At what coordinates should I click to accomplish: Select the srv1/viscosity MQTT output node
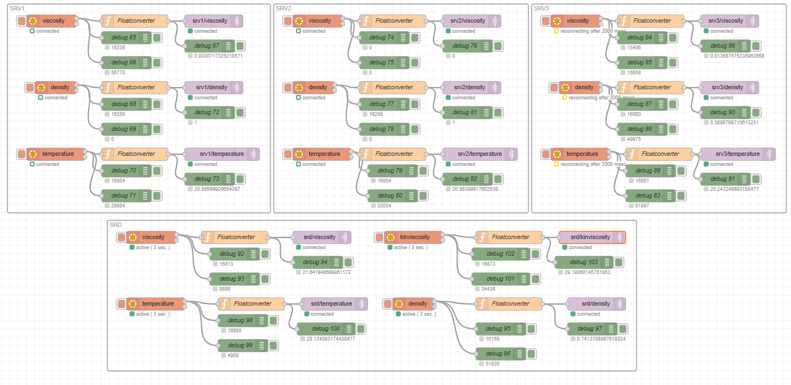pyautogui.click(x=210, y=21)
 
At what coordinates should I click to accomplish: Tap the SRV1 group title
pyautogui.click(x=17, y=8)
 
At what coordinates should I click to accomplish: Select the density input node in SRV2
pyautogui.click(x=318, y=88)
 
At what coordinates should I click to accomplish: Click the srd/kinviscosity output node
pyautogui.click(x=590, y=237)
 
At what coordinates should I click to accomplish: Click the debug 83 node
pyautogui.click(x=649, y=196)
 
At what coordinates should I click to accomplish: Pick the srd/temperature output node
pyautogui.click(x=331, y=304)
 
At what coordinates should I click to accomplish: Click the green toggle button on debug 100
pyautogui.click(x=361, y=329)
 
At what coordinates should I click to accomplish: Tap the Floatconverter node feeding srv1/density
pyautogui.click(x=136, y=88)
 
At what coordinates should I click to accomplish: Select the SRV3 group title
pyautogui.click(x=542, y=8)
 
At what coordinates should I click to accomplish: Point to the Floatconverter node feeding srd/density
pyautogui.click(x=510, y=304)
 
